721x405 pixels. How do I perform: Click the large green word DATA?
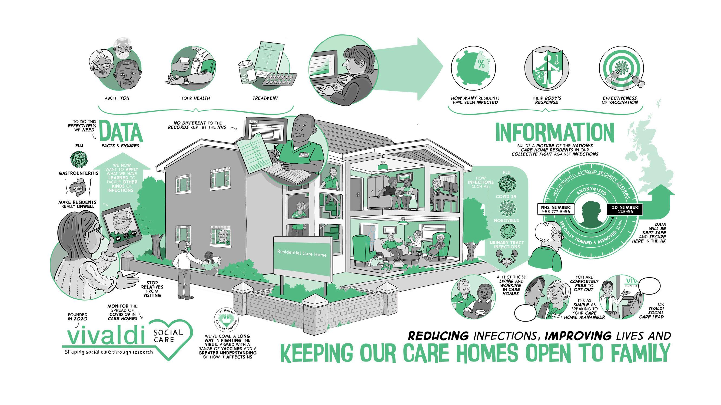[x=121, y=131]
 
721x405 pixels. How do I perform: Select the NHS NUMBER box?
[x=556, y=209]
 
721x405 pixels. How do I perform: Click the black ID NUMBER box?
[x=625, y=209]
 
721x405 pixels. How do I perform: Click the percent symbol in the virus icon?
[x=481, y=64]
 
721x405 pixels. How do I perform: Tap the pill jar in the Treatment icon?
[x=247, y=73]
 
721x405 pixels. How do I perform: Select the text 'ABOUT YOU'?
[x=117, y=98]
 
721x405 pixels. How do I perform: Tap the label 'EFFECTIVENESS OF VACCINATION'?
[x=620, y=100]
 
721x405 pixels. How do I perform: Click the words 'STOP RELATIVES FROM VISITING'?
[x=152, y=289]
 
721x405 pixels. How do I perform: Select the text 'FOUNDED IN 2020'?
[x=78, y=317]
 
